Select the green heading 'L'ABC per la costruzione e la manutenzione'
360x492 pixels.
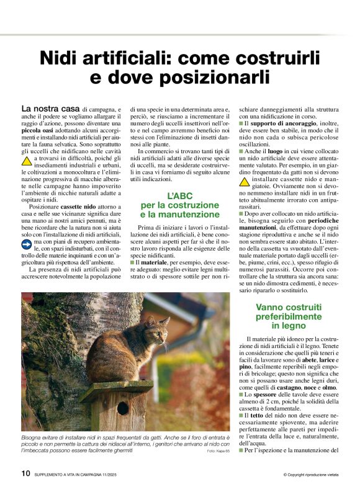pyautogui.click(x=181, y=205)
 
